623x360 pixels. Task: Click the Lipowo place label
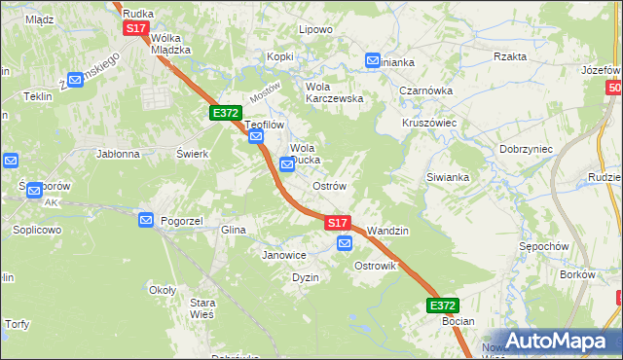coord(315,29)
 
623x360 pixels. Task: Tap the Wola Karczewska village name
coord(334,91)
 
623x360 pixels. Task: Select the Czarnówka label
coord(424,90)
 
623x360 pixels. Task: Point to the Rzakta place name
coord(510,56)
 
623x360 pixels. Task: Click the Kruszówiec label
coord(430,124)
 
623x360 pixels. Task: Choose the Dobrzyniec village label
coord(526,149)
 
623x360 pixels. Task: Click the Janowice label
coord(284,255)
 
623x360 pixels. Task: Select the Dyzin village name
coord(306,277)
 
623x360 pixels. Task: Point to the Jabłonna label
coord(118,154)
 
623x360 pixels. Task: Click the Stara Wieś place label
coord(202,308)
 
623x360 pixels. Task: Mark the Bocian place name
coord(458,321)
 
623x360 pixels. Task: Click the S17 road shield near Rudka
coord(135,29)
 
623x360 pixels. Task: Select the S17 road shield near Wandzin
coord(337,223)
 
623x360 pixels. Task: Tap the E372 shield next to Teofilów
coord(226,113)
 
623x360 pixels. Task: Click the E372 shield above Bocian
coord(442,305)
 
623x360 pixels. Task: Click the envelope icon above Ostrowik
coord(344,244)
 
